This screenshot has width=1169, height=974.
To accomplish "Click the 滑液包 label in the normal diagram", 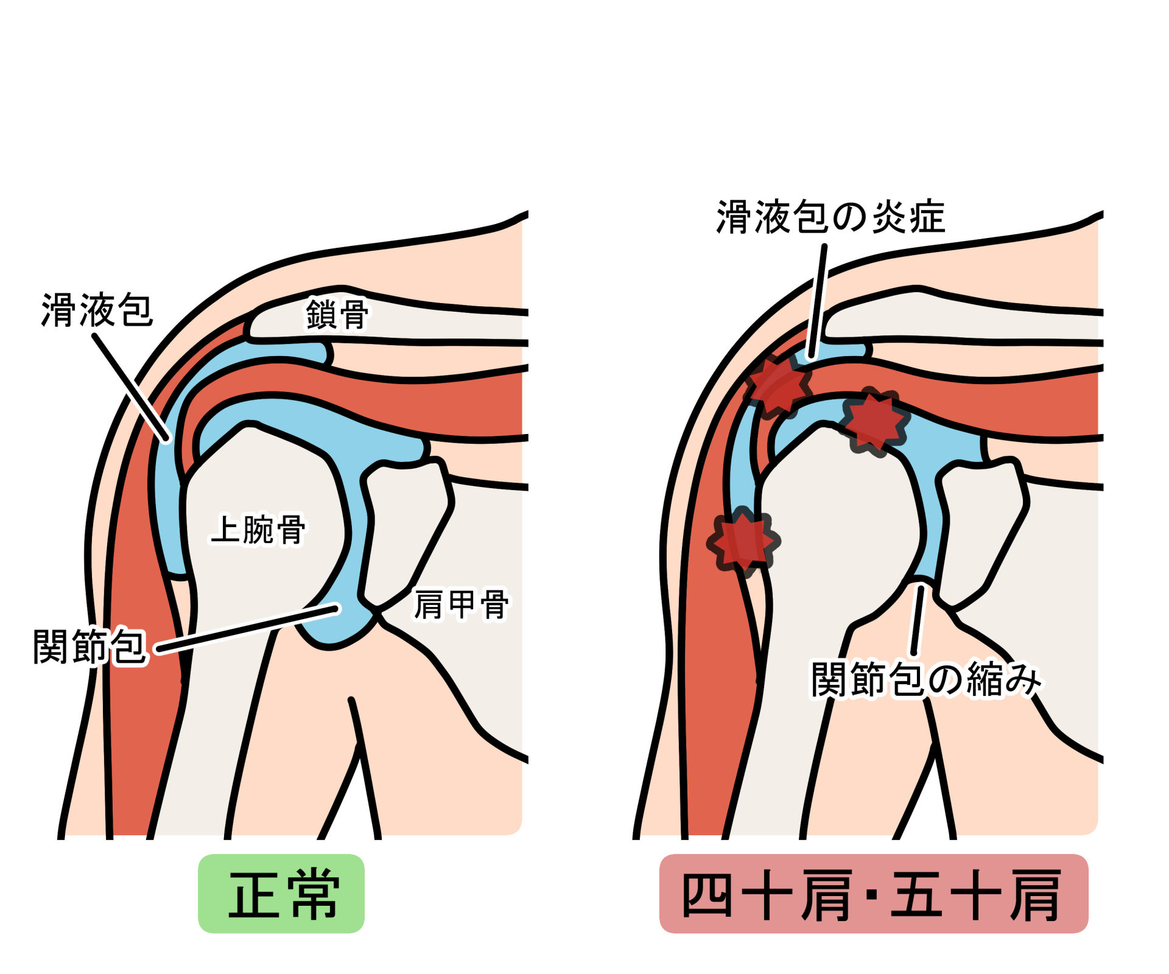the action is click(97, 310).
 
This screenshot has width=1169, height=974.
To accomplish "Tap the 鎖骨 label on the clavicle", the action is click(337, 314).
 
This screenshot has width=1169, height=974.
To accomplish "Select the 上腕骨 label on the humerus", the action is click(258, 529).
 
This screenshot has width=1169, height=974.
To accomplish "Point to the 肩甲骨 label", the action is click(461, 604).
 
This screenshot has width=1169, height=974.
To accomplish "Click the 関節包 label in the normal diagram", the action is click(90, 646).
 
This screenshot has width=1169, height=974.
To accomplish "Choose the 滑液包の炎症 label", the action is click(830, 217).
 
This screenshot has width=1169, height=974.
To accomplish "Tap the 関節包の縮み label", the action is click(925, 679).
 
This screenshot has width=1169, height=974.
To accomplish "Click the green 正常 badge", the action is click(281, 894).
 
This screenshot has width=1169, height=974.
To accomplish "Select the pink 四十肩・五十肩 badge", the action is click(874, 894).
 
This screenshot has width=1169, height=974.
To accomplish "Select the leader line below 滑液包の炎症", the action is click(818, 301).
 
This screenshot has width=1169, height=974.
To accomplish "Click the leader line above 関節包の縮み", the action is click(918, 620).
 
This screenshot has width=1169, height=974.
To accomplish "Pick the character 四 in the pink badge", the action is click(706, 894).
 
